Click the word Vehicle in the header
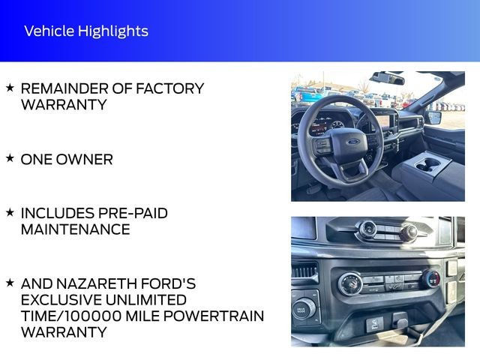(49, 31)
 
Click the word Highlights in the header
(113, 31)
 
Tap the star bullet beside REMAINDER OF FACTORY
(10, 88)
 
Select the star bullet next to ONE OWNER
(10, 158)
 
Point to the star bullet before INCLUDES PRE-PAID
(10, 212)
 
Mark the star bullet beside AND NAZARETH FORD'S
(10, 283)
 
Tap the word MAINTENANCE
(75, 229)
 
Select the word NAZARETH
(95, 283)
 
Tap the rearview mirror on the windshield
(387, 78)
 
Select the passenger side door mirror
(433, 117)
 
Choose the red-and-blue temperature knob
(431, 279)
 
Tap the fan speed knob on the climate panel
(349, 283)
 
